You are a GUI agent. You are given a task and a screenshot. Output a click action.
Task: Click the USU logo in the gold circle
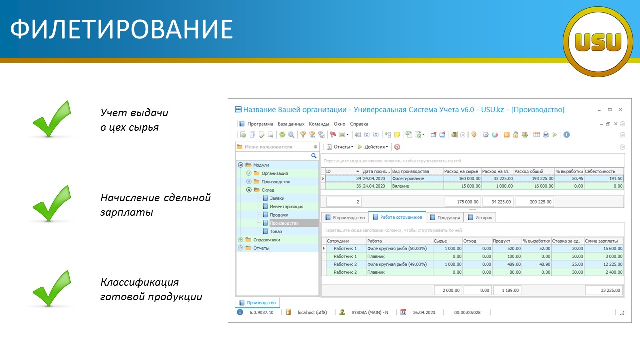(x=598, y=42)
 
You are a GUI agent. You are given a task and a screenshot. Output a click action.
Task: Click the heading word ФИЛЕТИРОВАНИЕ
(x=122, y=29)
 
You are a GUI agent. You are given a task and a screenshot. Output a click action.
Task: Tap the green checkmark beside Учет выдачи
(x=52, y=119)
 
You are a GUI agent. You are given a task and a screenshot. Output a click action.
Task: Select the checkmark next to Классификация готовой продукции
(x=52, y=288)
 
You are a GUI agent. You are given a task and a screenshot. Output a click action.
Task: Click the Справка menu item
(x=359, y=124)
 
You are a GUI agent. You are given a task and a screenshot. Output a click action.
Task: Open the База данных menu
(x=291, y=124)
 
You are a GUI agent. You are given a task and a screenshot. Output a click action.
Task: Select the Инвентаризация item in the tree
(x=286, y=206)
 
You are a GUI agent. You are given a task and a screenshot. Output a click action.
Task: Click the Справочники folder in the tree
(x=267, y=240)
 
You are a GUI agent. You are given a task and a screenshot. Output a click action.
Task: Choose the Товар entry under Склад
(x=276, y=231)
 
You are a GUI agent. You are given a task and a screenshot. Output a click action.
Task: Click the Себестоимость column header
(x=600, y=171)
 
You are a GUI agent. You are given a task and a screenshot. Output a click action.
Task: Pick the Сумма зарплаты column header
(x=601, y=241)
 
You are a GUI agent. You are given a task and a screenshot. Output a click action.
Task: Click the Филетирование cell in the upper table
(x=408, y=179)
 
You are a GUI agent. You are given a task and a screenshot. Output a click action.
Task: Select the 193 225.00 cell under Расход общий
(x=534, y=179)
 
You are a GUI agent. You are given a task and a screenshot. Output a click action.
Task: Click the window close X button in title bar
(x=620, y=109)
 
